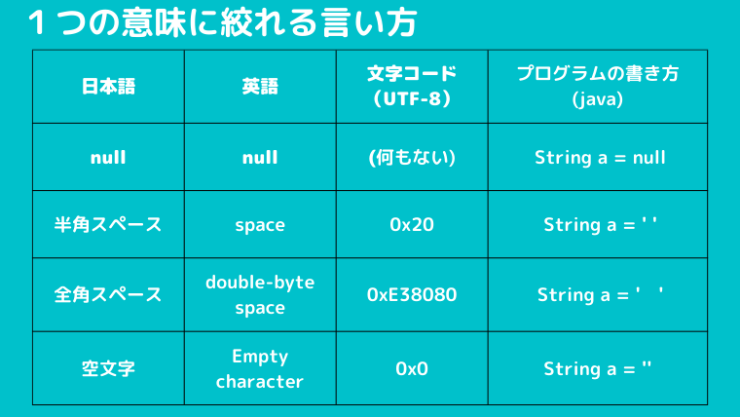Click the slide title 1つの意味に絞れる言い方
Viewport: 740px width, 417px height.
222,22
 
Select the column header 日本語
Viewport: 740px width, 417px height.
108,87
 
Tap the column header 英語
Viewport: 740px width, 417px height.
260,87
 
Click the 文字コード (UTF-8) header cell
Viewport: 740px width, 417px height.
412,86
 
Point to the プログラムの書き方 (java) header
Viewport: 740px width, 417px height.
598,86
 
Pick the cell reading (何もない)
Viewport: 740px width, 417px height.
412,157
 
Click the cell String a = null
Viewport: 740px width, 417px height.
600,157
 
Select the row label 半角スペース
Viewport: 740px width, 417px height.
108,224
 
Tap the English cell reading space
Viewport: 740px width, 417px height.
260,225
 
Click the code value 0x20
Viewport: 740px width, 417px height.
412,224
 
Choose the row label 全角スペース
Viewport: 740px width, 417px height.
108,294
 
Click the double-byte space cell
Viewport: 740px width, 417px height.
260,294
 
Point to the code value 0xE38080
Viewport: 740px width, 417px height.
412,294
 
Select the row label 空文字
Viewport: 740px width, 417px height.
108,368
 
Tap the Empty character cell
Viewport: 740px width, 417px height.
260,368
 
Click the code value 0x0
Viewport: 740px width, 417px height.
412,368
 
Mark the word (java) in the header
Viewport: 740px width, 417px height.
598,99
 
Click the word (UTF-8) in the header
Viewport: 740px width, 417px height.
412,98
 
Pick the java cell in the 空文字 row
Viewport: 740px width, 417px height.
598,368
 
